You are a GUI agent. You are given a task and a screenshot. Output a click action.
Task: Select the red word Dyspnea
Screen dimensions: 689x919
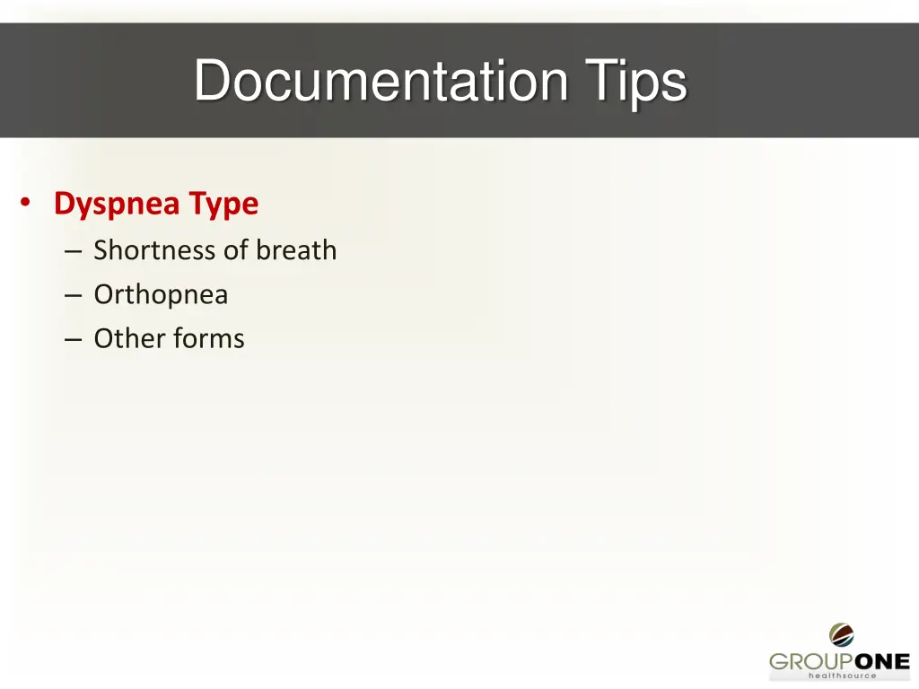coord(117,205)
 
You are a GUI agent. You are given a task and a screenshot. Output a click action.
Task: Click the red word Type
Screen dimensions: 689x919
coord(223,205)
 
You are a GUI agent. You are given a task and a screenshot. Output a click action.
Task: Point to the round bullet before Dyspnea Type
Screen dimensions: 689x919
coord(27,203)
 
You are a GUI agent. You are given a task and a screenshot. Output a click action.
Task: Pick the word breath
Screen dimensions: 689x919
coord(296,250)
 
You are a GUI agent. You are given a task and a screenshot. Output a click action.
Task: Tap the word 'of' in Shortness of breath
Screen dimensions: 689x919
coord(235,250)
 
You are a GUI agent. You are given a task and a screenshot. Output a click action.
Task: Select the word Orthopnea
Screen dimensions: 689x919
coord(161,295)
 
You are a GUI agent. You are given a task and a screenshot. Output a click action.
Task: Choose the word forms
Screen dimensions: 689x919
coord(209,339)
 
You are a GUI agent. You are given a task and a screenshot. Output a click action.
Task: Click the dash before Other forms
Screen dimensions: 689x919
coord(74,340)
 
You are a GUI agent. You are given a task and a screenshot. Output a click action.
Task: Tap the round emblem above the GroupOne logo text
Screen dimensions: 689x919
coord(842,635)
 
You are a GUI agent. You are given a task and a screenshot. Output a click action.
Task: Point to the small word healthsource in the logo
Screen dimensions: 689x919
coord(842,676)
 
